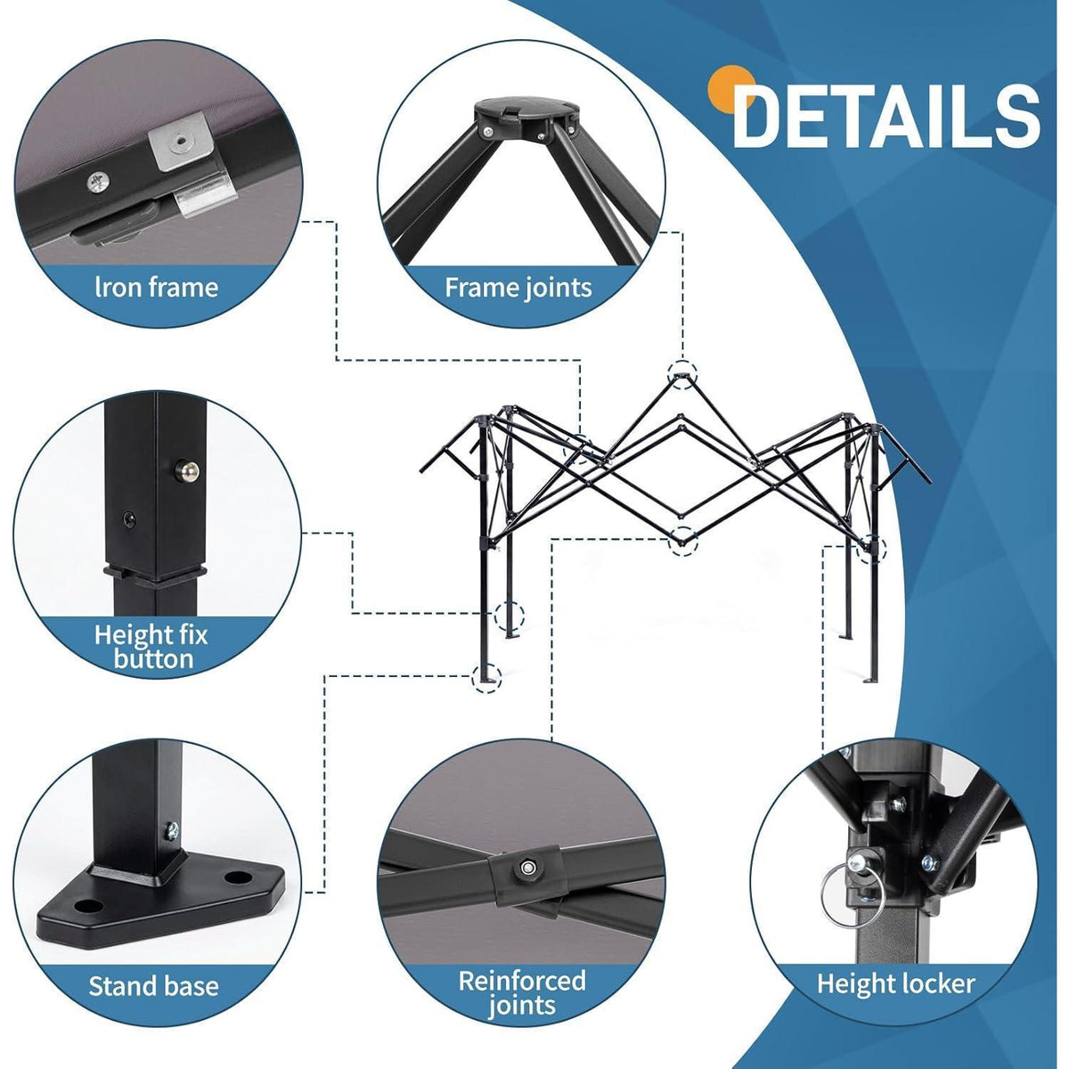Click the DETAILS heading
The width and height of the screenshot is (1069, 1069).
tap(885, 117)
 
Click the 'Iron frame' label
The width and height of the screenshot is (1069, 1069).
tap(157, 288)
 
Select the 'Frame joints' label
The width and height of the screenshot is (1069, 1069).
tap(518, 288)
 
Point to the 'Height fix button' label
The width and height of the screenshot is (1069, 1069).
tap(151, 646)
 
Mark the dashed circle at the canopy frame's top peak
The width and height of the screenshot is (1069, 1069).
tap(681, 374)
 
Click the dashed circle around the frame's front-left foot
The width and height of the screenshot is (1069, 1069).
tap(486, 677)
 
